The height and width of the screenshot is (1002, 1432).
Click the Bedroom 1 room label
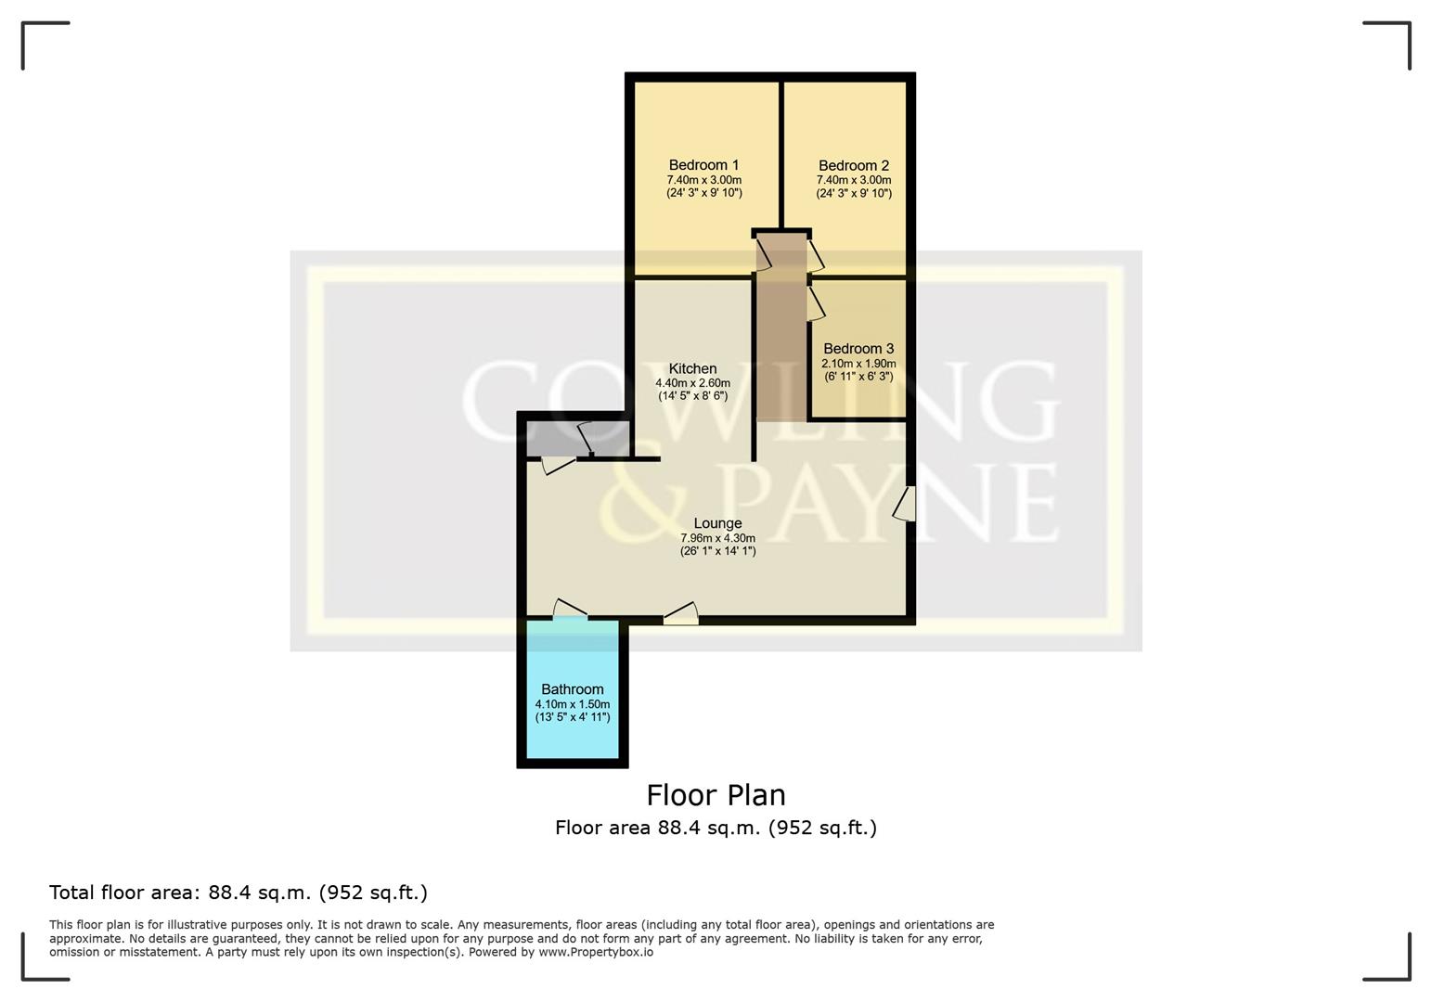coord(703,165)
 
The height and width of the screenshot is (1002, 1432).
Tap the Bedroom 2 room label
coord(853,166)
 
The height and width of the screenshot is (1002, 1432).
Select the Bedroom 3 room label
coord(858,349)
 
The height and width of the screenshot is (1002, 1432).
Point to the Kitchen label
coord(692,368)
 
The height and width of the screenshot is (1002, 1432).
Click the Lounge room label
coord(717,523)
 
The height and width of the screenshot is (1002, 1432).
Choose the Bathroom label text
coord(572,689)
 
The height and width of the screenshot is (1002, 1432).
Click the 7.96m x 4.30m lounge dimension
coord(717,538)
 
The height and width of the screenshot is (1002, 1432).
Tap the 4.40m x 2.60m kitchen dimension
coord(692,383)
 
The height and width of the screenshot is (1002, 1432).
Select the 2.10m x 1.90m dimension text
coord(858,364)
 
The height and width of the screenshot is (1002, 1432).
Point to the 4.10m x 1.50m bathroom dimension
coord(572,704)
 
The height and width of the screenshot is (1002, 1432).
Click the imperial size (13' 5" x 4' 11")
coord(572,717)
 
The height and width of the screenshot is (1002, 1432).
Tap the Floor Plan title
coord(716,795)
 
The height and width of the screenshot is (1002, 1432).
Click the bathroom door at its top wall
coord(570,610)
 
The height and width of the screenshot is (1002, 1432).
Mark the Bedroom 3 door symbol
coord(816,302)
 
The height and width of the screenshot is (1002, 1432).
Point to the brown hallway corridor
coord(781,343)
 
